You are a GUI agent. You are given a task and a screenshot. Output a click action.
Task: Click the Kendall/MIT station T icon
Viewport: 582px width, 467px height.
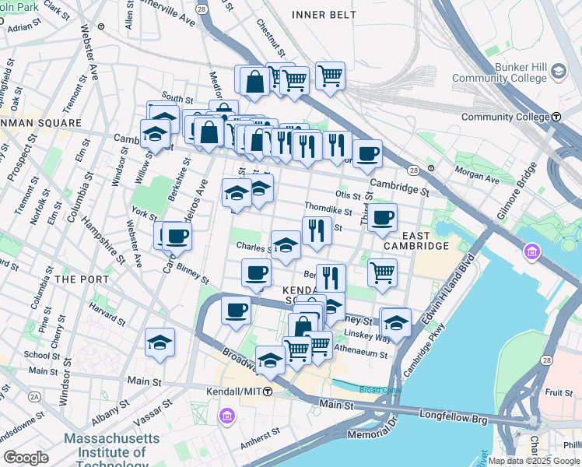coord(268,391)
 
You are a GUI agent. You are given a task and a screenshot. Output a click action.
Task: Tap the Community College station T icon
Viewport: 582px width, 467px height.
coord(556,117)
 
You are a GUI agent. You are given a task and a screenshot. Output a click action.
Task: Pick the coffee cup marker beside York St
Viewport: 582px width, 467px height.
coord(177,236)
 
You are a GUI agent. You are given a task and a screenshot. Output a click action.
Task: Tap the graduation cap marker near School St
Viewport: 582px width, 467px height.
coord(160,342)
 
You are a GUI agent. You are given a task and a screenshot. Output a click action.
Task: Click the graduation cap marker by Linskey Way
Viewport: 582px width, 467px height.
coord(396,322)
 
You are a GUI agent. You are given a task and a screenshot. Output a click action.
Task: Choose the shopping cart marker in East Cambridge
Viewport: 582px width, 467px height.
coord(382,273)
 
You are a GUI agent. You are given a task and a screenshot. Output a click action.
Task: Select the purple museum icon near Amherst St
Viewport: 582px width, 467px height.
coord(226,416)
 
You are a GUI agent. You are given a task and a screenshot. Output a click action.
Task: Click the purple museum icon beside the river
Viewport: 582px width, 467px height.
coord(532,252)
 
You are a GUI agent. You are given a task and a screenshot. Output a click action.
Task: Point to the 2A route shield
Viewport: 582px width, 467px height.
coord(34,396)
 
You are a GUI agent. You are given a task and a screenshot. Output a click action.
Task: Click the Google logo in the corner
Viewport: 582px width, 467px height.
coord(26,458)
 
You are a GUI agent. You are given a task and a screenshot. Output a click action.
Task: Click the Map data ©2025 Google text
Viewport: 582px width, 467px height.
coord(534,461)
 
